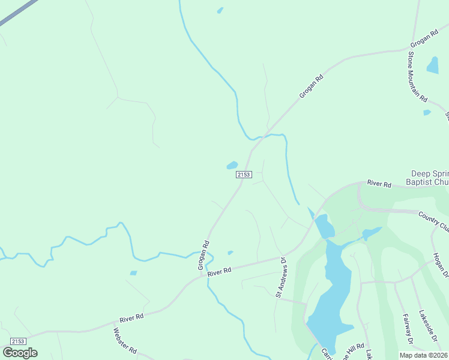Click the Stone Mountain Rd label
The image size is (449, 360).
[417, 77]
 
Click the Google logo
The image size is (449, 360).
[20, 353]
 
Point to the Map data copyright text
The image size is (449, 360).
[423, 355]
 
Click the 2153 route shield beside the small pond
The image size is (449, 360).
[243, 175]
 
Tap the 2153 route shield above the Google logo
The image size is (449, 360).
[17, 341]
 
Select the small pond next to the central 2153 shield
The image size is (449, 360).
[232, 165]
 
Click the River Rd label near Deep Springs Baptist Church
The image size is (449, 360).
[379, 183]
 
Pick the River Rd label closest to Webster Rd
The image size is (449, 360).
[131, 317]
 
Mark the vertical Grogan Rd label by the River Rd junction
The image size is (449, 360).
[204, 255]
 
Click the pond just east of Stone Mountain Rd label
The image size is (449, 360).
[433, 65]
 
